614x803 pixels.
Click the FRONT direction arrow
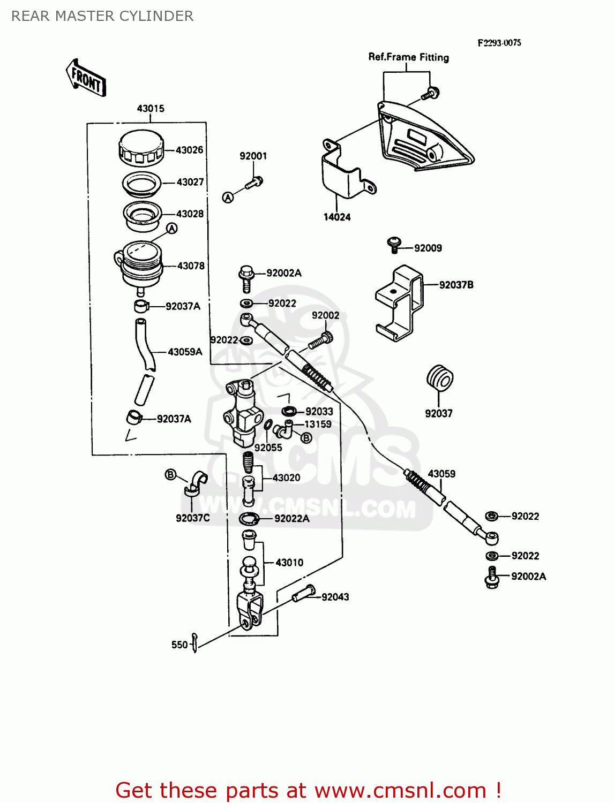(x=86, y=78)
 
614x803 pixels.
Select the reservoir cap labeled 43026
(x=140, y=148)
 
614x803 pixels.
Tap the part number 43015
(x=151, y=109)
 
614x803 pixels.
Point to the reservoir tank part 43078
(x=140, y=265)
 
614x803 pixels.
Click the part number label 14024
(x=337, y=217)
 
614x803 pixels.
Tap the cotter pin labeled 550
(x=195, y=642)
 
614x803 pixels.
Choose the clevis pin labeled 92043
(x=303, y=594)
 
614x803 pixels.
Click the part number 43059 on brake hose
(x=441, y=474)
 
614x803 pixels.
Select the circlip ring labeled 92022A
(x=249, y=519)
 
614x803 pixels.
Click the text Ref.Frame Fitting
(x=408, y=57)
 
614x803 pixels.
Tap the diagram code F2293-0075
(x=499, y=43)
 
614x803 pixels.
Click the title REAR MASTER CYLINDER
(x=102, y=16)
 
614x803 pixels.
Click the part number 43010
(x=289, y=563)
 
